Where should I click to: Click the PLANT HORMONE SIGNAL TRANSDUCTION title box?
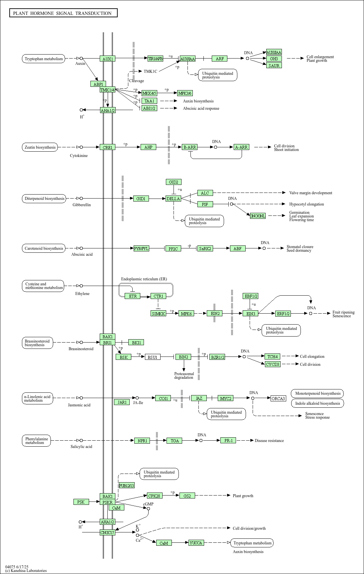point(63,13)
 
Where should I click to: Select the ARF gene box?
point(220,59)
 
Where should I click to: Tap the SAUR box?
point(274,66)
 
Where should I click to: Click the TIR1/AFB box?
point(155,59)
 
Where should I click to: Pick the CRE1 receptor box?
point(107,147)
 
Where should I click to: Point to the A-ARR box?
point(241,147)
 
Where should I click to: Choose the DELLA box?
point(173,199)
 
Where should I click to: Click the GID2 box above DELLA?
point(174,182)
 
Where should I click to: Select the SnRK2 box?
point(205,249)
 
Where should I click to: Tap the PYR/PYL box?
point(141,249)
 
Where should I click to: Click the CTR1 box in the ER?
point(158,296)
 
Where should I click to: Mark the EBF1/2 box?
point(251,296)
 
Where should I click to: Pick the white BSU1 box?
point(152,357)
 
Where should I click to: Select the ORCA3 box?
point(278,398)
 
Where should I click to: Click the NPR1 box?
point(142,441)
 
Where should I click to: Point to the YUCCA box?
point(196,543)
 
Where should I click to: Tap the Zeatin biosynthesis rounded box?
point(40,147)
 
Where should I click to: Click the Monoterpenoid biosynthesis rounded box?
point(317,394)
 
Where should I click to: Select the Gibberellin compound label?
point(82,205)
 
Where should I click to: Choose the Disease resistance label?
point(269,441)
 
